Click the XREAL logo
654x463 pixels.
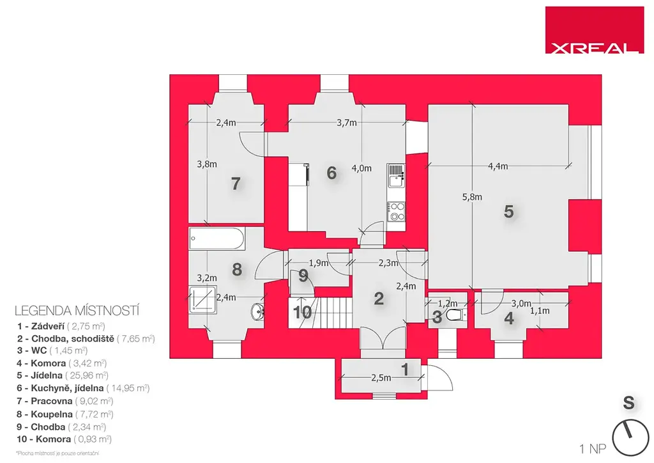click(594, 29)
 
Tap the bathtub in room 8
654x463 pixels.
click(216, 239)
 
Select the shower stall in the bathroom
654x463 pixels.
click(202, 299)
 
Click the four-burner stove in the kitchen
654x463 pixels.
click(396, 211)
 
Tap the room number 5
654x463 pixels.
click(508, 212)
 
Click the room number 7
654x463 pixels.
click(236, 184)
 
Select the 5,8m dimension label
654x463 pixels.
click(472, 197)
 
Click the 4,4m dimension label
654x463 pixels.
click(498, 166)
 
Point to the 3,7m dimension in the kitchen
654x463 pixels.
click(347, 123)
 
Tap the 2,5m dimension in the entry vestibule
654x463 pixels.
click(381, 378)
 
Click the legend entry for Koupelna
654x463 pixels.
click(65, 414)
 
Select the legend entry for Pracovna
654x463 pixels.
click(65, 401)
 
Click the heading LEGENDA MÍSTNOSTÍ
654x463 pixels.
click(77, 311)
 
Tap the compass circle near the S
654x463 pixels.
click(630, 437)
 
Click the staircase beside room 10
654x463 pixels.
click(332, 312)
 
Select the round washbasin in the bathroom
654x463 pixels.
click(258, 311)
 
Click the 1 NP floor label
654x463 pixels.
click(593, 449)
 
